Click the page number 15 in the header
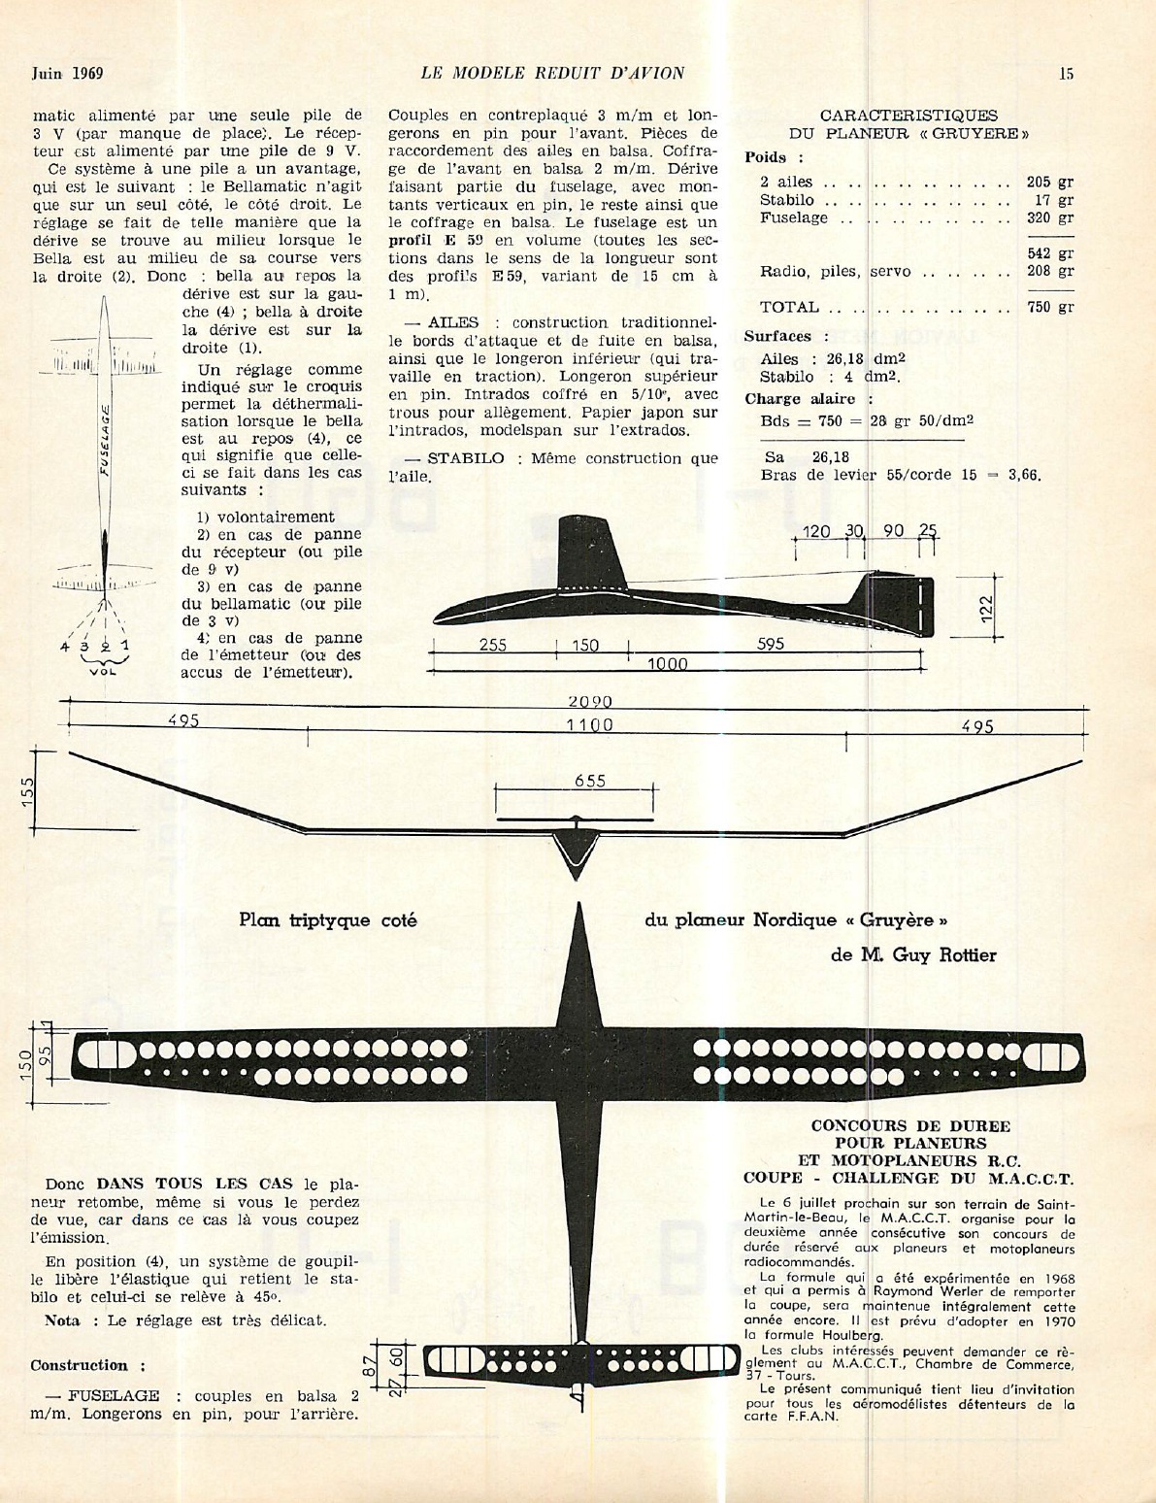click(1066, 74)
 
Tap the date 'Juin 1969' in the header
click(67, 74)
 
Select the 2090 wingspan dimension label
click(590, 702)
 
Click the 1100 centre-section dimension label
click(590, 725)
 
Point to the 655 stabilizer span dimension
click(590, 781)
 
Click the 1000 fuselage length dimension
click(667, 665)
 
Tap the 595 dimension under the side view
click(771, 644)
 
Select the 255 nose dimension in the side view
click(493, 646)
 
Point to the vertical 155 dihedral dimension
click(27, 792)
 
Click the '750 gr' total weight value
click(1050, 307)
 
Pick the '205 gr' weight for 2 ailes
click(1050, 182)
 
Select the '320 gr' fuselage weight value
click(1050, 217)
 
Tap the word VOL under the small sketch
click(103, 671)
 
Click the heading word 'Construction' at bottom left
click(79, 1365)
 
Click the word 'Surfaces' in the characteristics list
click(777, 336)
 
